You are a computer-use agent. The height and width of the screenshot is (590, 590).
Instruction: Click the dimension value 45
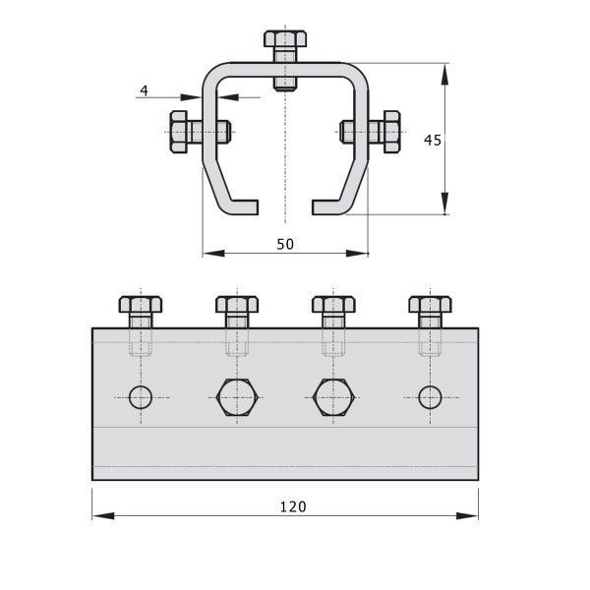click(433, 141)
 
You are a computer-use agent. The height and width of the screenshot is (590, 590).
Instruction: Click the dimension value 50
click(285, 244)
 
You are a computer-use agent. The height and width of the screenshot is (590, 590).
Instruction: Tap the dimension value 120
click(293, 506)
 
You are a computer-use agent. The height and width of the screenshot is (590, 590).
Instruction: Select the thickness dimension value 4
click(145, 90)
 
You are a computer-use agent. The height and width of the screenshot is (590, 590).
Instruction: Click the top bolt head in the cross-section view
click(285, 39)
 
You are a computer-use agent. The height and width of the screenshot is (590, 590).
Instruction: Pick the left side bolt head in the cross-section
click(179, 132)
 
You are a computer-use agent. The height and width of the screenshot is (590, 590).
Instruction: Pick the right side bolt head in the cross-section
click(391, 132)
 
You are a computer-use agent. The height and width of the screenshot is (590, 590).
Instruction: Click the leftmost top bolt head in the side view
click(141, 305)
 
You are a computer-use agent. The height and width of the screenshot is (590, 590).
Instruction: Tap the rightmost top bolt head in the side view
click(431, 305)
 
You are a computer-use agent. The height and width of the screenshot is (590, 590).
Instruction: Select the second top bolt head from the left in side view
click(237, 305)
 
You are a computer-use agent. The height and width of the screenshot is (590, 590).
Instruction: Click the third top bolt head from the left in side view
click(333, 305)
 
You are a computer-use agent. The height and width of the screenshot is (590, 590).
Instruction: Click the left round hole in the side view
click(141, 397)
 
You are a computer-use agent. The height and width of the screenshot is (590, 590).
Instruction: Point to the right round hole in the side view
click(430, 397)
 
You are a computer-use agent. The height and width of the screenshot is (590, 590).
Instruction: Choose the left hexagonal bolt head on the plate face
click(237, 397)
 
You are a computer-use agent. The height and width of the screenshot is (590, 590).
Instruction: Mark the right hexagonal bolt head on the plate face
click(333, 397)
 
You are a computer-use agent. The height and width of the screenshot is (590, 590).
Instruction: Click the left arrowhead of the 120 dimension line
click(103, 515)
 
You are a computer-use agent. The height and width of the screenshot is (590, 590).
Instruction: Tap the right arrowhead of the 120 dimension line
click(467, 515)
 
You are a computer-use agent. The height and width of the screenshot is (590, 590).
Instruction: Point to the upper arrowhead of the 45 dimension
click(445, 75)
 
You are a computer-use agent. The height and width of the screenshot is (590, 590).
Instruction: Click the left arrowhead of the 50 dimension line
click(214, 254)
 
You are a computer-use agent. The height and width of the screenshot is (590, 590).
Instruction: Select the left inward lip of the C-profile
click(245, 207)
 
